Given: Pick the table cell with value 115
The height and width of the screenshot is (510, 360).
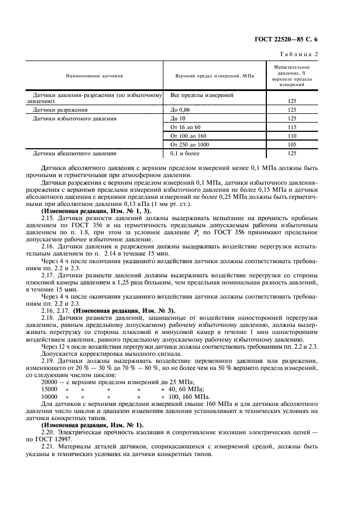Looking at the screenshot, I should coord(291,127).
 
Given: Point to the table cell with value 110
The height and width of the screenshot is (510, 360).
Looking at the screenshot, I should coord(291,136).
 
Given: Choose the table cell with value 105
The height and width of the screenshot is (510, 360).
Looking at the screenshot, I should coord(291,144).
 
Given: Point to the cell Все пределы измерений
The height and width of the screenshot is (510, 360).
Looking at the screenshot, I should coord(202,95).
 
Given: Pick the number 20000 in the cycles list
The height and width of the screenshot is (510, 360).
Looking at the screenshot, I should coord(51,382).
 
